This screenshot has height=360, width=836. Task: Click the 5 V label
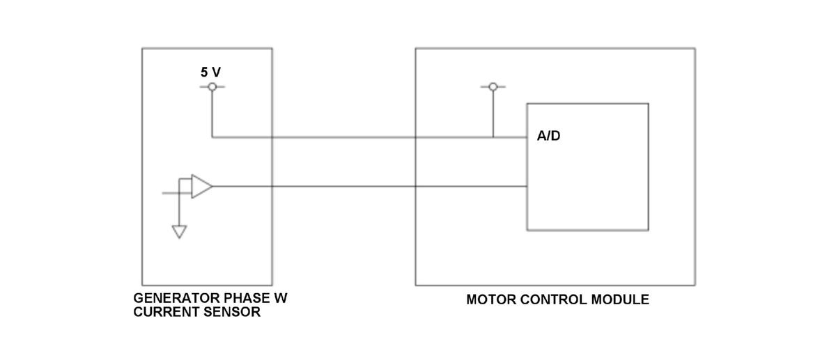point(211,72)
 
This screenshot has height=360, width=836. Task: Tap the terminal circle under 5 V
point(212,86)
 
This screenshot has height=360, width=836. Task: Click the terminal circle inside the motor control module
point(493,86)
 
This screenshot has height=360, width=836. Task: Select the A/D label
point(548,136)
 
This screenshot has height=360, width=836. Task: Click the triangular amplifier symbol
point(201,187)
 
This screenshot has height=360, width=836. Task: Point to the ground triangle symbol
point(180,232)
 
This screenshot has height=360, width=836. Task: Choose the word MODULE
point(620,300)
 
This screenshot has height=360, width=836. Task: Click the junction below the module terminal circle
point(493,137)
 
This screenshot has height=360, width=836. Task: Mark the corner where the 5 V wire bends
point(212,137)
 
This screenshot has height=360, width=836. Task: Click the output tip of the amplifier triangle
point(212,187)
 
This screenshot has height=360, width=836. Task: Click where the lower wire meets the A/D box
point(527,187)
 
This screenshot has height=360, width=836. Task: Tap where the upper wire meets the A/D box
point(527,137)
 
